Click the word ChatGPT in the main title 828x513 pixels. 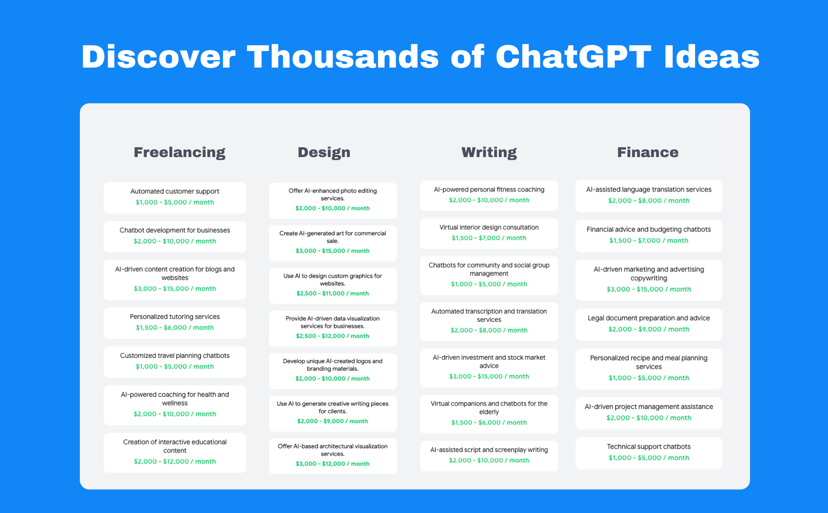[573, 57]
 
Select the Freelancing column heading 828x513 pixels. [179, 153]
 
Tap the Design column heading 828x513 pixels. [324, 153]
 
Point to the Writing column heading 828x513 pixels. [489, 153]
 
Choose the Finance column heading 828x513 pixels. [647, 152]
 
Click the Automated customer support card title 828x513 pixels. [175, 191]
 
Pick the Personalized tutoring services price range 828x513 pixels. [175, 328]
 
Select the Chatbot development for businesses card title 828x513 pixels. [175, 230]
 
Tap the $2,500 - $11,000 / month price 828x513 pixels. [332, 293]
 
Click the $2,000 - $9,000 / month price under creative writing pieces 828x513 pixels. [332, 421]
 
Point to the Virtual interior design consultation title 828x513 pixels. [489, 227]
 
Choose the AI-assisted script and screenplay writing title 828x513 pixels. [489, 450]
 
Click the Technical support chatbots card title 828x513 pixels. [649, 446]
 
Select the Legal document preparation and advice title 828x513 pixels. [649, 318]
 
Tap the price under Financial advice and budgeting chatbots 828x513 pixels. [649, 240]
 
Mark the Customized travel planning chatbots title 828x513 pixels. [175, 355]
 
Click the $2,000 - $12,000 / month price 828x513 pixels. [175, 461]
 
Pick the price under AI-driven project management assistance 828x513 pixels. [649, 418]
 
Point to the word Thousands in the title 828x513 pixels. [343, 57]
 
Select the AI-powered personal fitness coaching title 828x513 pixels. [489, 190]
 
